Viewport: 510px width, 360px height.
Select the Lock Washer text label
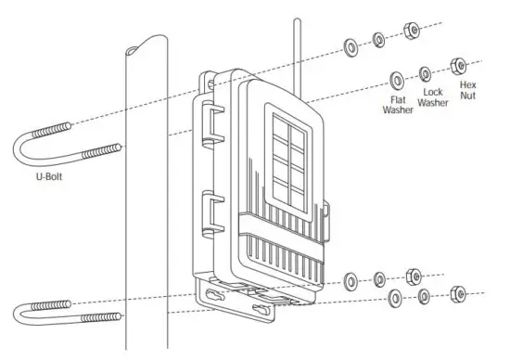(432, 98)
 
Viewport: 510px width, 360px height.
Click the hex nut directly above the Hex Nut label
(457, 65)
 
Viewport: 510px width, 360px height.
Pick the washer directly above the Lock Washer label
(425, 71)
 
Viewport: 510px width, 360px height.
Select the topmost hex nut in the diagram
(412, 32)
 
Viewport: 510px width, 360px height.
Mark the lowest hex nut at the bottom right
(457, 295)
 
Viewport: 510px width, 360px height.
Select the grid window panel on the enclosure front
(287, 158)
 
